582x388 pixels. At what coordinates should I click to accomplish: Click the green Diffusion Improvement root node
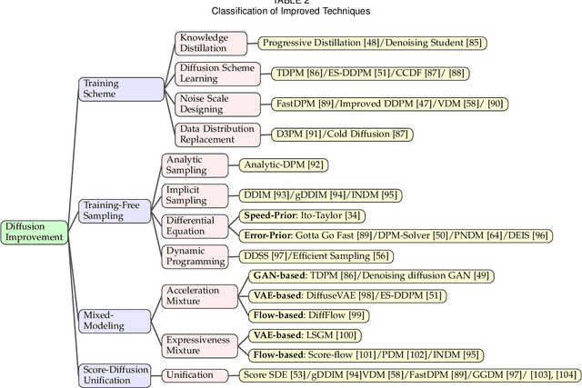point(34,232)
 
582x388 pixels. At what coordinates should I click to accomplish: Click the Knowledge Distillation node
point(211,43)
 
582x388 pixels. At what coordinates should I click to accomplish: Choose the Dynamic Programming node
point(196,256)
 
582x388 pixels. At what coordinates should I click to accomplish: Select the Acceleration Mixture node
point(196,295)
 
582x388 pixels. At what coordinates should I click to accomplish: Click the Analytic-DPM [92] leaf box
point(285,164)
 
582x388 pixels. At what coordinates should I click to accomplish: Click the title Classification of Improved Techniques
point(291,11)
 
